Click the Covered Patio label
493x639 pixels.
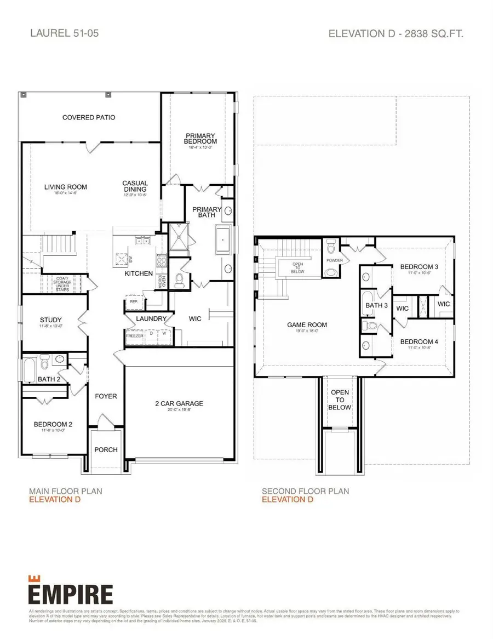coord(89,117)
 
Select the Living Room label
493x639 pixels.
coord(66,187)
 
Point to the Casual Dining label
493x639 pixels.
coord(135,187)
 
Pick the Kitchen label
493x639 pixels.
coord(139,273)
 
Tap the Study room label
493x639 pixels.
coord(51,320)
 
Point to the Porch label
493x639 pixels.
coord(106,449)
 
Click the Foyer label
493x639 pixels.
coord(106,396)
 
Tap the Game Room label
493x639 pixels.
coord(307,324)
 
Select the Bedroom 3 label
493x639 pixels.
coord(419,267)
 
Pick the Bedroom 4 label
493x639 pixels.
coord(419,342)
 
